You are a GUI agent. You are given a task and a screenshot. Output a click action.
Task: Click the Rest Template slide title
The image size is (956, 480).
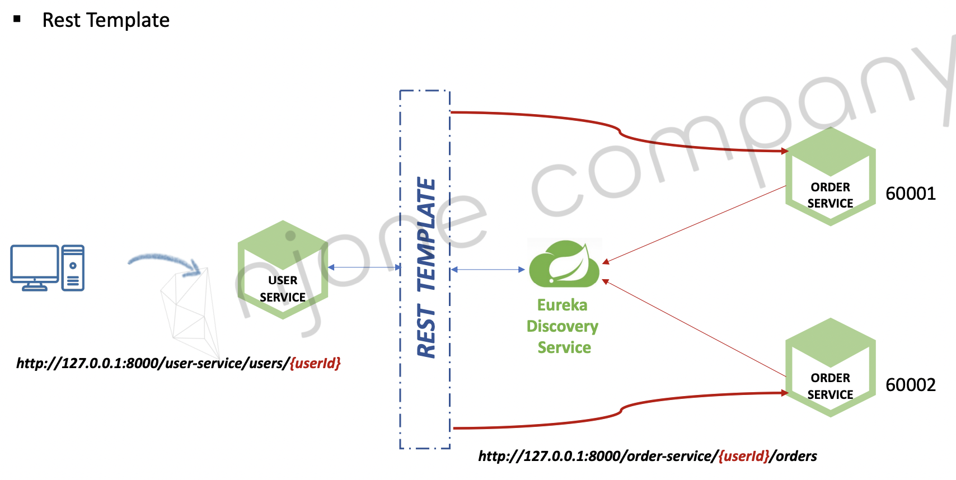pos(106,20)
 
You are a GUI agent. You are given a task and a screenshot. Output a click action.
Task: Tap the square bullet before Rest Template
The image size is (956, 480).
pos(17,19)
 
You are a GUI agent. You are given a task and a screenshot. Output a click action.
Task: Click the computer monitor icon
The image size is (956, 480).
pos(34,267)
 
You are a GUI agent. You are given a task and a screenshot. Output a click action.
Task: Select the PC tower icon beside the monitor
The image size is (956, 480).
pos(73,268)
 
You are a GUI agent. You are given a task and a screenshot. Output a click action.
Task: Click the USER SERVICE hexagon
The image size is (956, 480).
pos(283,270)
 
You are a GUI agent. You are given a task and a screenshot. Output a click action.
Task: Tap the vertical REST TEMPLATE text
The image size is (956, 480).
pos(426,267)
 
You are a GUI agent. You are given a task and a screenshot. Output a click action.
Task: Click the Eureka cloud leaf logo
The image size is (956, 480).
pos(564,263)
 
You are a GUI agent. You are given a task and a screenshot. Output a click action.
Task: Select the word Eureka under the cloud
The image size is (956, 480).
pos(562,305)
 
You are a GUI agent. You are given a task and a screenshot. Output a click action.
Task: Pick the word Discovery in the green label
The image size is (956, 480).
pos(562,326)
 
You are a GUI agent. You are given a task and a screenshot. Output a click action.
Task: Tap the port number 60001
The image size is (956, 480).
pos(910,194)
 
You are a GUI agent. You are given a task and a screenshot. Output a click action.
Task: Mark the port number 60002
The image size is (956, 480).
pos(910,385)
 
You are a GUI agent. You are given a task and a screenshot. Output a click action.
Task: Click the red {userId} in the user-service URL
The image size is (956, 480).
pos(315,364)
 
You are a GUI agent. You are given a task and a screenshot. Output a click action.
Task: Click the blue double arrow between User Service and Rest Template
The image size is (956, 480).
pos(364,267)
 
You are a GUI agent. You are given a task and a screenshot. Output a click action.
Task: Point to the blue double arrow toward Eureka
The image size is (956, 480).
pos(488,270)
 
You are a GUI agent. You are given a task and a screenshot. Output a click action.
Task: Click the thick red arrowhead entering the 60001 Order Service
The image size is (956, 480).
pos(785,151)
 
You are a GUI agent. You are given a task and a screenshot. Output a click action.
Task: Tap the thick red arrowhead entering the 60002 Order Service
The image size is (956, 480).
pos(785,393)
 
